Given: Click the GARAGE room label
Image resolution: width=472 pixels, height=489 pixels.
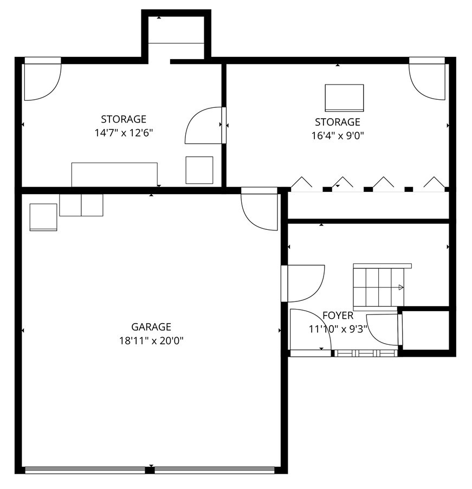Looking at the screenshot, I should [x=151, y=327].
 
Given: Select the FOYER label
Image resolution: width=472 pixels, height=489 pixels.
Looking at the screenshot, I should [x=338, y=316].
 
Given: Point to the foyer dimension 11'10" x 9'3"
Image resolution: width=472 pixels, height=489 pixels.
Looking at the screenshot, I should [x=338, y=329].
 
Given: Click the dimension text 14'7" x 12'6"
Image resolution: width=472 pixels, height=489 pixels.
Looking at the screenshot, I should [x=124, y=133].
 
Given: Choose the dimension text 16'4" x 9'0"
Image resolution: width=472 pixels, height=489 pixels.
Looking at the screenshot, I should [x=337, y=136].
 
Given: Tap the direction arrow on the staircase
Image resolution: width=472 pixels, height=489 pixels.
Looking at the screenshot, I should [x=400, y=287].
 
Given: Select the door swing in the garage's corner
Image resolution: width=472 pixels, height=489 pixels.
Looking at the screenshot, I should [x=259, y=210].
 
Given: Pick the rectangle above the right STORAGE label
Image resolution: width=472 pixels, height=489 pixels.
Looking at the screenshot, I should [x=344, y=98].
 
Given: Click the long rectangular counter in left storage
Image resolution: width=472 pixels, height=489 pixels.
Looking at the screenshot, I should [x=114, y=174].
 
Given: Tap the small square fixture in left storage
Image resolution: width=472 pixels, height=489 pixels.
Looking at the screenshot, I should [x=199, y=170].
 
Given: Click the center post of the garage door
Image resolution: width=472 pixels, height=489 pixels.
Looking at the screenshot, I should [x=150, y=469].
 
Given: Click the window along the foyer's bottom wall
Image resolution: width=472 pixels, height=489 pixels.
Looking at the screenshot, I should [x=364, y=353].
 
